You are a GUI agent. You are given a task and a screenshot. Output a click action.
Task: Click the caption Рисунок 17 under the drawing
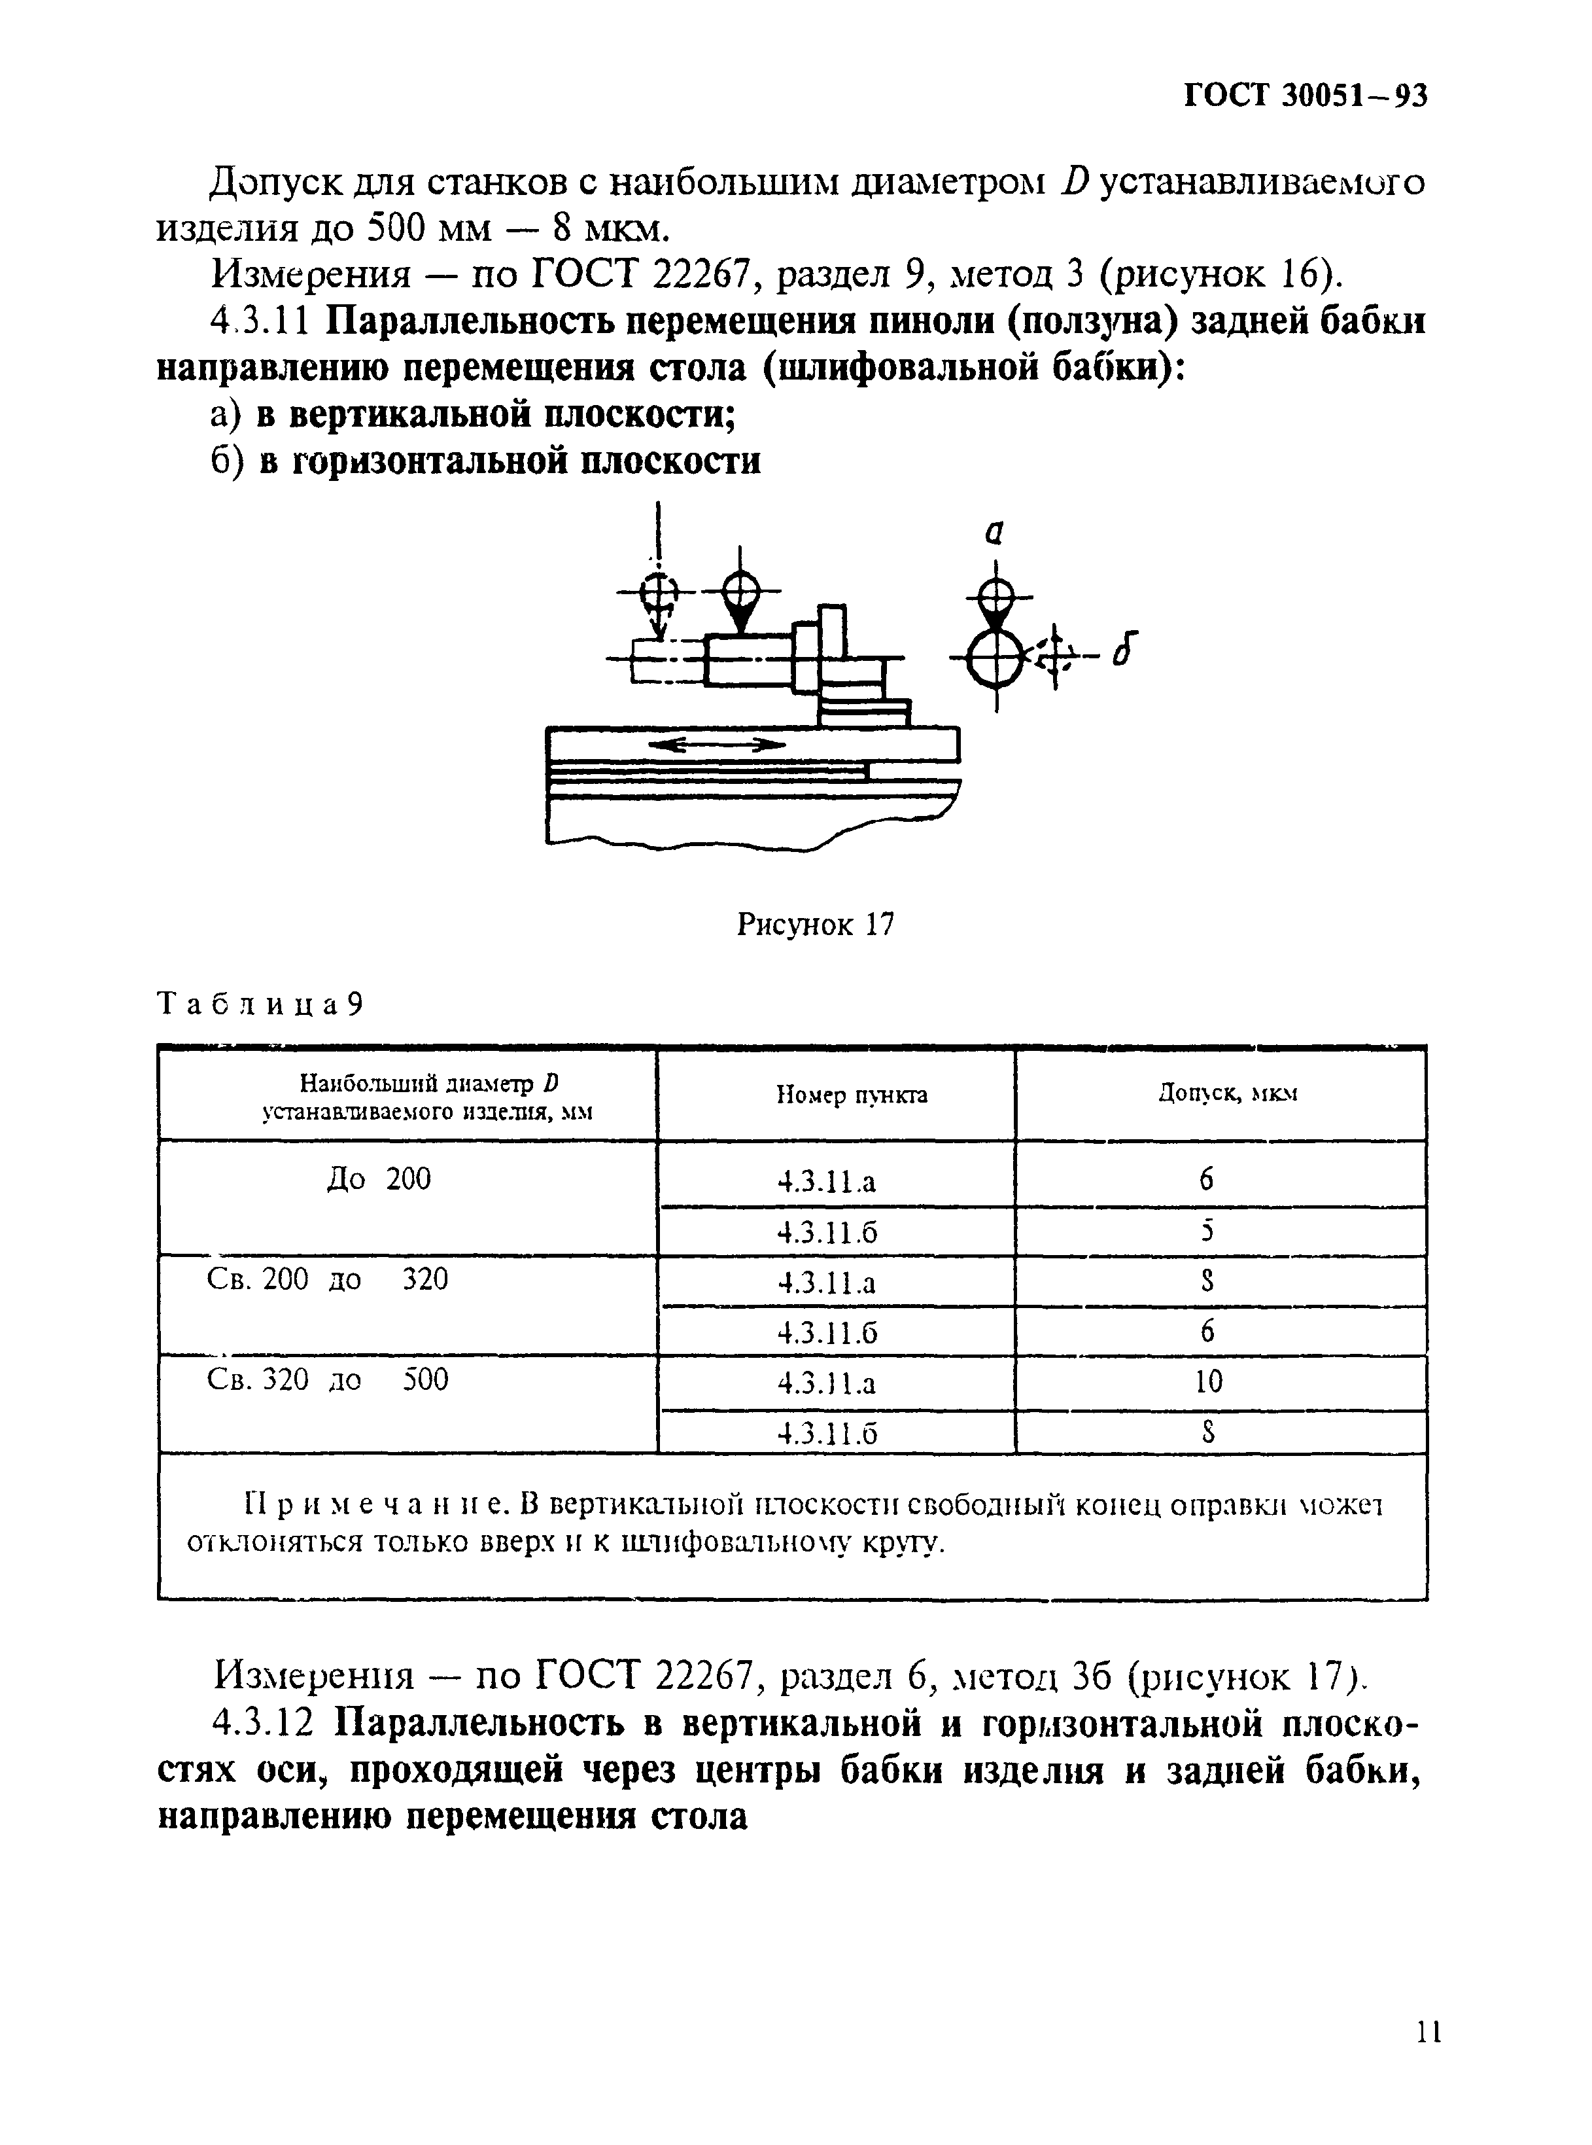tap(815, 925)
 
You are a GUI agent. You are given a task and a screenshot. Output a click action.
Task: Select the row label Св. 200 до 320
tap(328, 1280)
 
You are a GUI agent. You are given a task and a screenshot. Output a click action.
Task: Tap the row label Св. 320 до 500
tap(328, 1381)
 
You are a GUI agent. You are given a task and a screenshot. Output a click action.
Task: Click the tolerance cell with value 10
tap(1209, 1383)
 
